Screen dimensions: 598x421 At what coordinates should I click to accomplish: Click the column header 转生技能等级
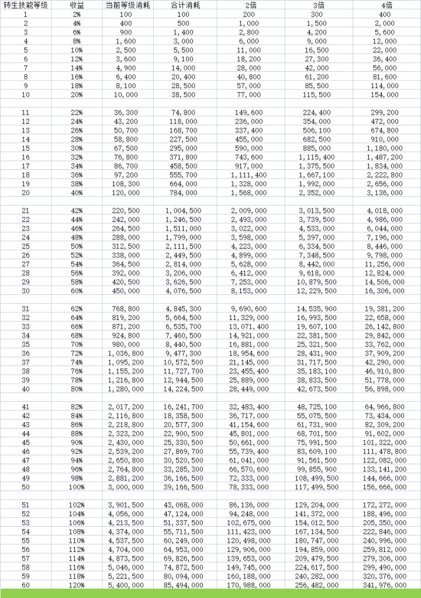(x=26, y=5)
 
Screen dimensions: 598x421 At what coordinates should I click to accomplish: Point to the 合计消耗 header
(x=183, y=5)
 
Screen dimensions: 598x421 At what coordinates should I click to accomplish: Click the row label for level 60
(x=26, y=585)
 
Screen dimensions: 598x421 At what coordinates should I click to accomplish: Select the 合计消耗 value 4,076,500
(x=183, y=291)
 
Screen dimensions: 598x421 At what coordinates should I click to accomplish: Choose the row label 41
(x=26, y=406)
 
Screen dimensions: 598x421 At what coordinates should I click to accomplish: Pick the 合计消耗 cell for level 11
(x=183, y=113)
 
